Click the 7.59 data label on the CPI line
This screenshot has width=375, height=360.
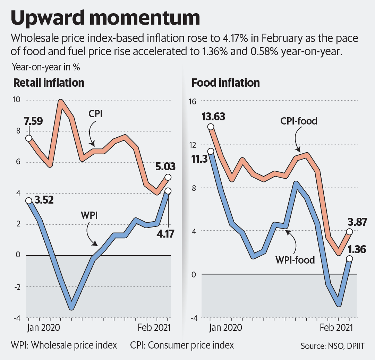(33, 121)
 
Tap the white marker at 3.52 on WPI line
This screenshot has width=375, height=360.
(29, 200)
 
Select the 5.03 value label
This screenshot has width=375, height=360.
(165, 166)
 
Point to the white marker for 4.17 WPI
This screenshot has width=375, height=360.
(168, 191)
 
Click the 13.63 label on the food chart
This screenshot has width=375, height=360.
(213, 117)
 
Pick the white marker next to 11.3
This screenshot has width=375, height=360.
(211, 151)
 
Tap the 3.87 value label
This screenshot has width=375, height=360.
(357, 222)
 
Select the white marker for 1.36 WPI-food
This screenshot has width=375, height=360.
(349, 259)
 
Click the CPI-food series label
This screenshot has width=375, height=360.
(299, 121)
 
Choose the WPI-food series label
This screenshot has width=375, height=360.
(295, 260)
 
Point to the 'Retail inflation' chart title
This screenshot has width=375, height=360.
(49, 83)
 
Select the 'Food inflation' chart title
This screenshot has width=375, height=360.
(226, 83)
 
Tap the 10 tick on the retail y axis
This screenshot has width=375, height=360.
(16, 100)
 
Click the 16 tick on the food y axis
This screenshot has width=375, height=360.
(192, 101)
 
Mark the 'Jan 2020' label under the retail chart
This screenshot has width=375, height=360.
(43, 327)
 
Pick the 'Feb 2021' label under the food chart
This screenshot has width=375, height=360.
(336, 327)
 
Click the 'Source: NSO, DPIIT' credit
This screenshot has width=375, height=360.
(333, 346)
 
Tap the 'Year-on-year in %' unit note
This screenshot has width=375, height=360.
(46, 67)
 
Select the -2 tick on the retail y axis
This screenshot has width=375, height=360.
(17, 287)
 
